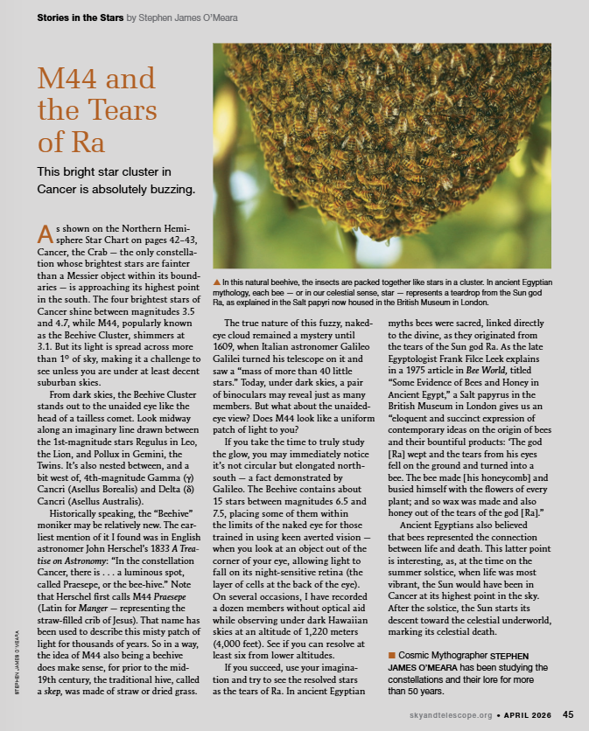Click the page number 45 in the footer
click(x=568, y=714)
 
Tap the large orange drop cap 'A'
click(x=45, y=234)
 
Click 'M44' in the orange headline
click(x=67, y=82)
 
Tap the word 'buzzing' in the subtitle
click(x=167, y=189)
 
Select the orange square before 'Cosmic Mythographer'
click(x=391, y=655)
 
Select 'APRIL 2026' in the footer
click(x=526, y=714)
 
